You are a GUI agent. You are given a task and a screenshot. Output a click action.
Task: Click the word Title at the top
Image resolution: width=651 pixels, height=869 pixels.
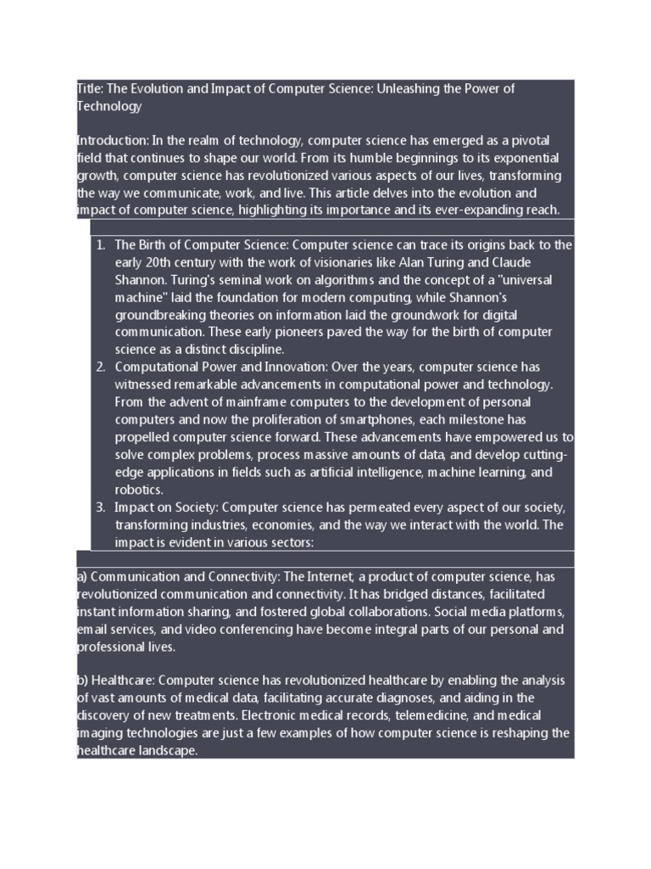(88, 89)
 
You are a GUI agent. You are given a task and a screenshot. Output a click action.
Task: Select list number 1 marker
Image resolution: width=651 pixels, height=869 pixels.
(100, 245)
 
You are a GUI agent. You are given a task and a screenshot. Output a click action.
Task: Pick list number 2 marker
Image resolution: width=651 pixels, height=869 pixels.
(100, 367)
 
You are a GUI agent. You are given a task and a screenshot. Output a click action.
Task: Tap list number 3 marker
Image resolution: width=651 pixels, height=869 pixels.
(100, 507)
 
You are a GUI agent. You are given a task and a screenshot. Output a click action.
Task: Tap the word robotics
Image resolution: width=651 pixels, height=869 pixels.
(139, 490)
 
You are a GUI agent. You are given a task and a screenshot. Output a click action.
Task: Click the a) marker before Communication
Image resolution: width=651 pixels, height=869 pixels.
(81, 577)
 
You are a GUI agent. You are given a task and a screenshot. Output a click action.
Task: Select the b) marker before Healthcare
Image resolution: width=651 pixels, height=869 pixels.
(81, 681)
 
